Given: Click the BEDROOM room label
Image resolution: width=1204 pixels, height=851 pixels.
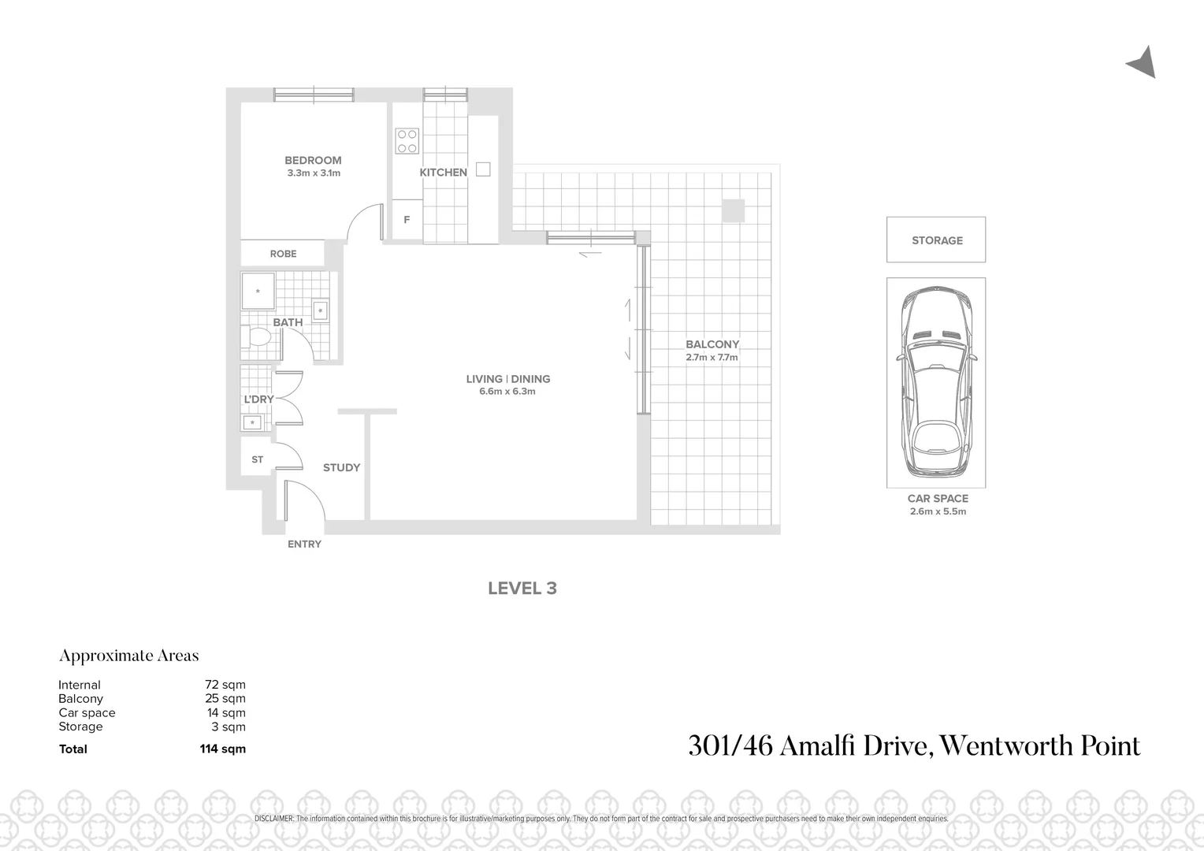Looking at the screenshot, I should pos(313,160).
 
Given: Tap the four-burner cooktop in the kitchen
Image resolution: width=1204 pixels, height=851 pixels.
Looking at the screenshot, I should pos(407,141).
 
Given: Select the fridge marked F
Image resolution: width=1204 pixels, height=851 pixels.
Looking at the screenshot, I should pos(407,220).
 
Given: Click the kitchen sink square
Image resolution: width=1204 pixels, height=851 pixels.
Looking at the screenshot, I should pos(483,169).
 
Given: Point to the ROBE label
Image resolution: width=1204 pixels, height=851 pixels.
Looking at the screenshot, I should pos(283,254).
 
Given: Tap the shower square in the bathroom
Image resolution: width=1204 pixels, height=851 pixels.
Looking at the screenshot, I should pos(258,292).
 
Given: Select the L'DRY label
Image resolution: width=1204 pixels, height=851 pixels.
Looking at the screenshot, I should pos(258,399).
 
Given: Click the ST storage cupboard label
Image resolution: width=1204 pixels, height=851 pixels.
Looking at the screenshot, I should pos(257,459).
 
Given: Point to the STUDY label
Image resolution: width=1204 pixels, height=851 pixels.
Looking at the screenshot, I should pos(341,467).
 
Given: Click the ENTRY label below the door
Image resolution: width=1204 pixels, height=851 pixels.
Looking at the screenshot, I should pos(304,544).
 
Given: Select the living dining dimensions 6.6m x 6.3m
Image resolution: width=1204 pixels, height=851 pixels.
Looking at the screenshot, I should pos(507,392).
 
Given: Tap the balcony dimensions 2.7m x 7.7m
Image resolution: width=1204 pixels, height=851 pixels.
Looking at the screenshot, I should pos(712,357).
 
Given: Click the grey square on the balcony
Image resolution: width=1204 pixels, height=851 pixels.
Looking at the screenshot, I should pos(733,210).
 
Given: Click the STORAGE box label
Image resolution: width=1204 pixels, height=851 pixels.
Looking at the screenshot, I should pos(937,240).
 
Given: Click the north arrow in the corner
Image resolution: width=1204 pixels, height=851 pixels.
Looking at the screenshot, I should pos(1143,63).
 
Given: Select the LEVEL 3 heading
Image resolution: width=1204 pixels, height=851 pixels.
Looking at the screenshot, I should pos(522,589).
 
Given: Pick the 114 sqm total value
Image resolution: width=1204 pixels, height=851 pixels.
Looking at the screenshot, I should pos(222,749).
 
